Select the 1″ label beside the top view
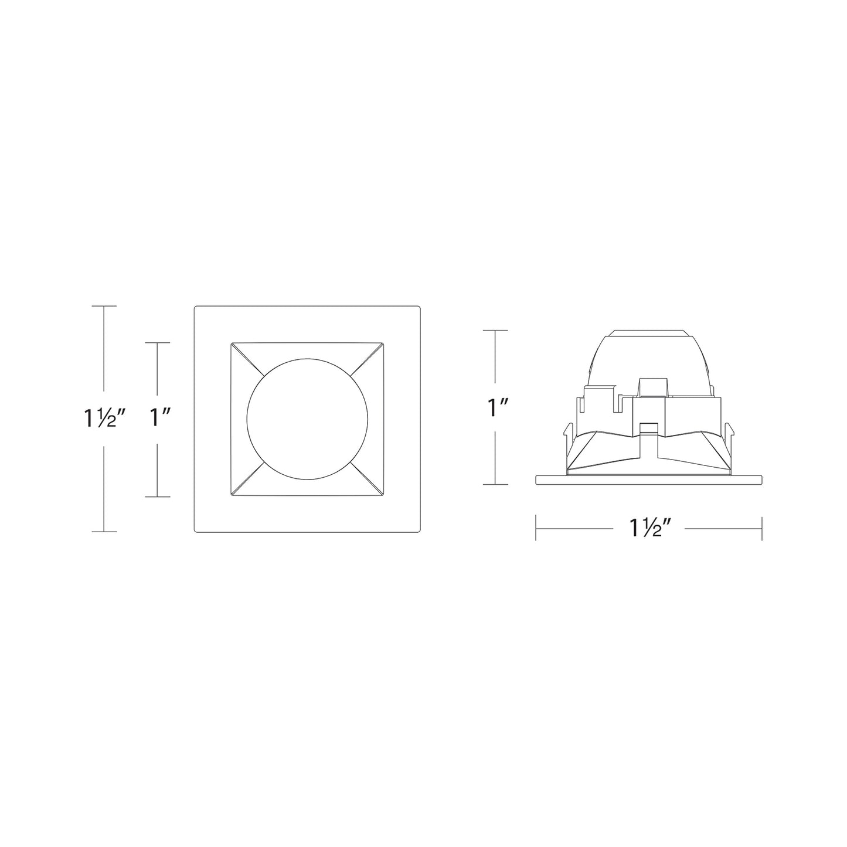[x=157, y=417]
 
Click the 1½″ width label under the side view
[x=649, y=528]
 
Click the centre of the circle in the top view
[x=307, y=419]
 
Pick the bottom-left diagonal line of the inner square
[x=247, y=479]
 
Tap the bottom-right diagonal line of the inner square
[x=368, y=479]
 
